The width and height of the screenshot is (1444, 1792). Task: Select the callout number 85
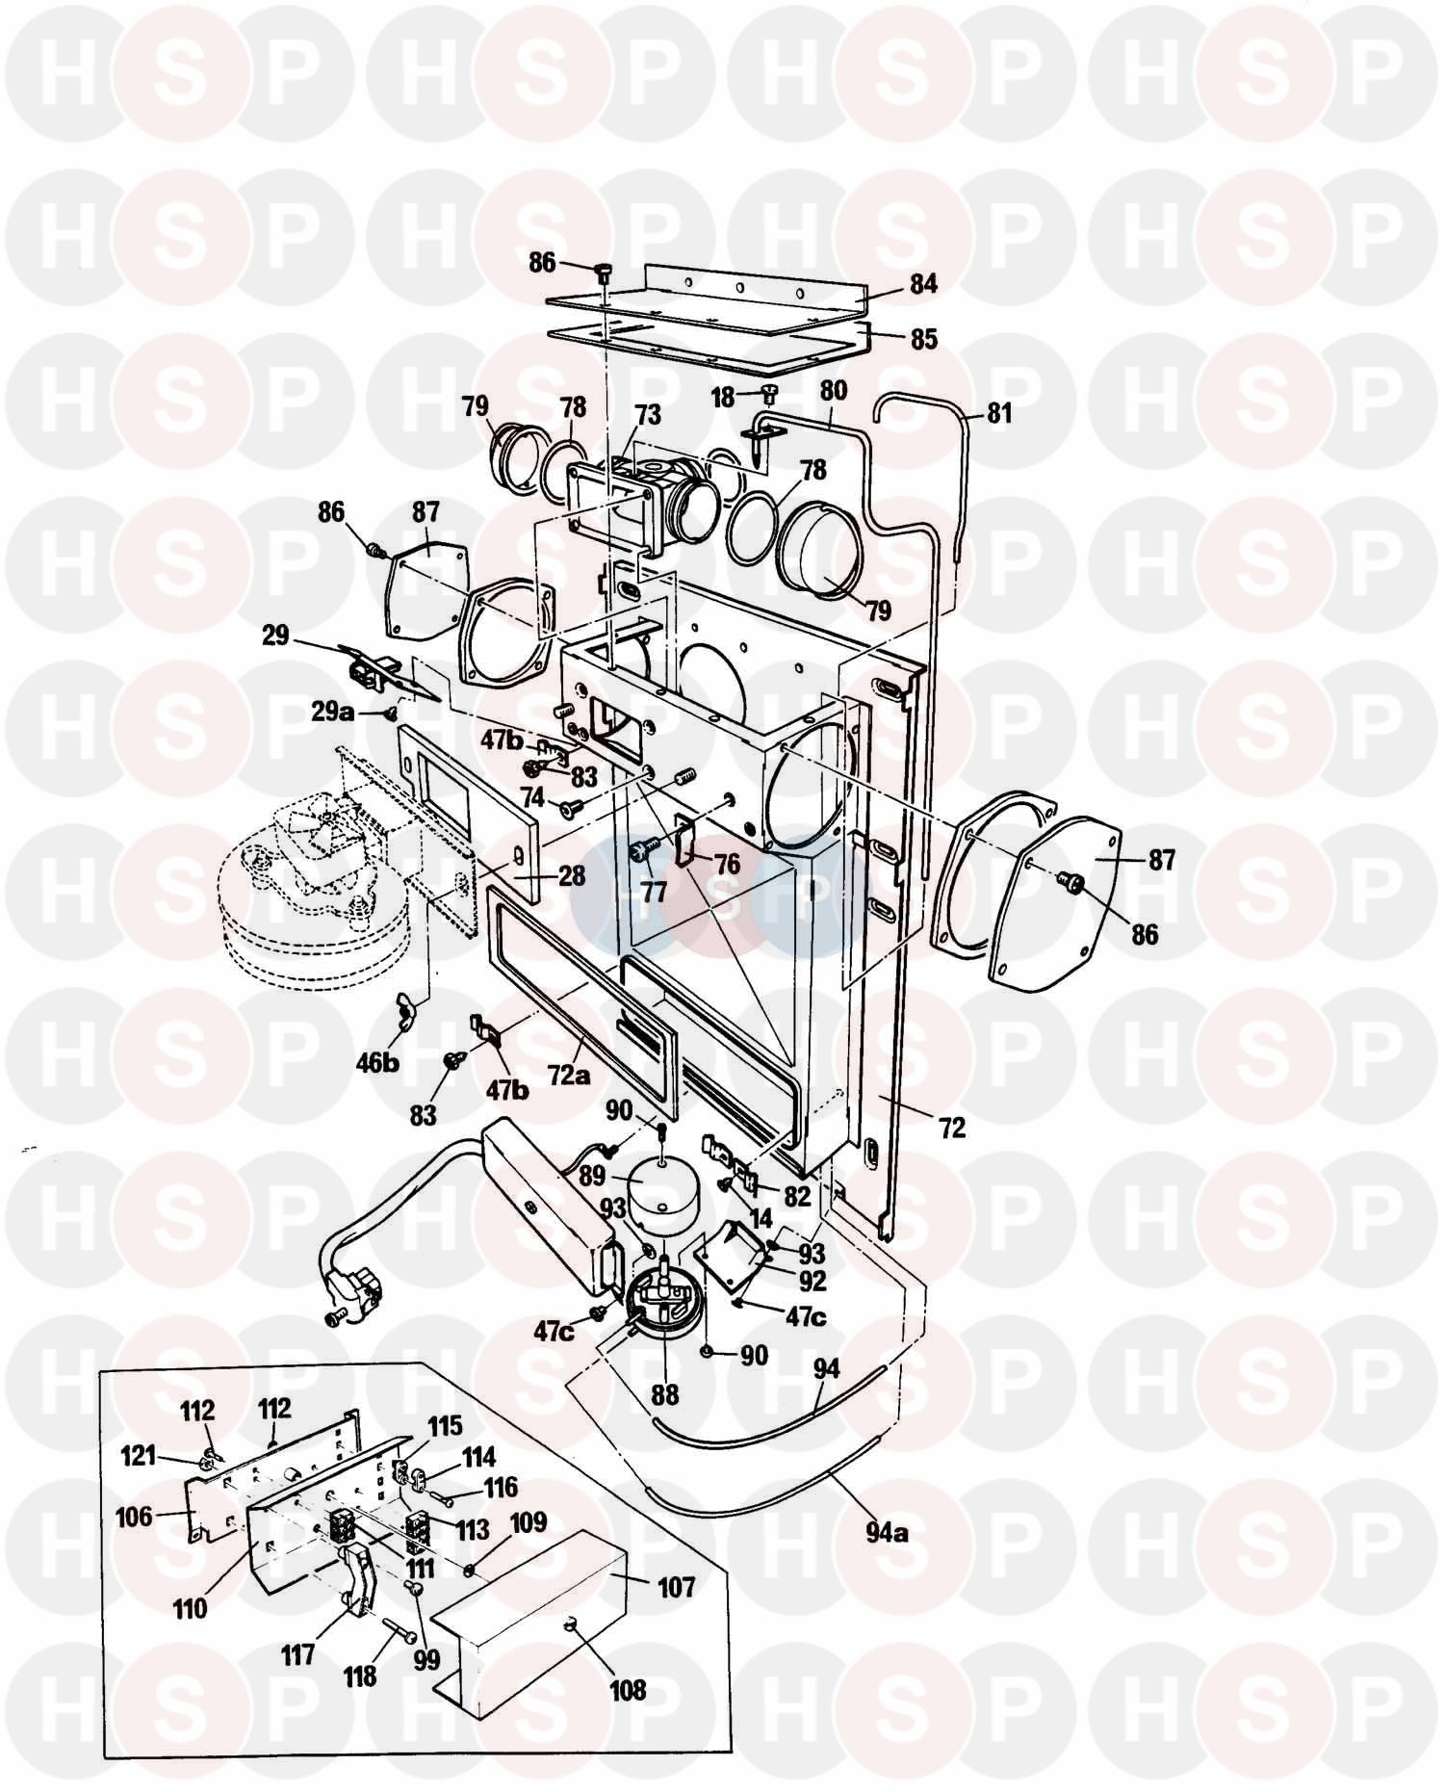(x=923, y=339)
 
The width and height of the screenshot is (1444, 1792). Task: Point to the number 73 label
(x=648, y=415)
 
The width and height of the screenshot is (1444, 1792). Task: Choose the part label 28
(x=571, y=875)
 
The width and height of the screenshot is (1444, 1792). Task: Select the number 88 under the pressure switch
(x=664, y=1393)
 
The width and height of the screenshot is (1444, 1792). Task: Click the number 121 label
(x=139, y=1457)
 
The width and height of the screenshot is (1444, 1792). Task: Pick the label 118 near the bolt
(x=360, y=1676)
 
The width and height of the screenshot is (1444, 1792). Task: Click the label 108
(x=627, y=1690)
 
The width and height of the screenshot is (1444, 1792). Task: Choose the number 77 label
(x=654, y=892)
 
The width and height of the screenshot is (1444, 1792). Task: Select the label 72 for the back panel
(x=951, y=1129)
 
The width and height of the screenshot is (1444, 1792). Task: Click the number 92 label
(x=812, y=1282)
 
